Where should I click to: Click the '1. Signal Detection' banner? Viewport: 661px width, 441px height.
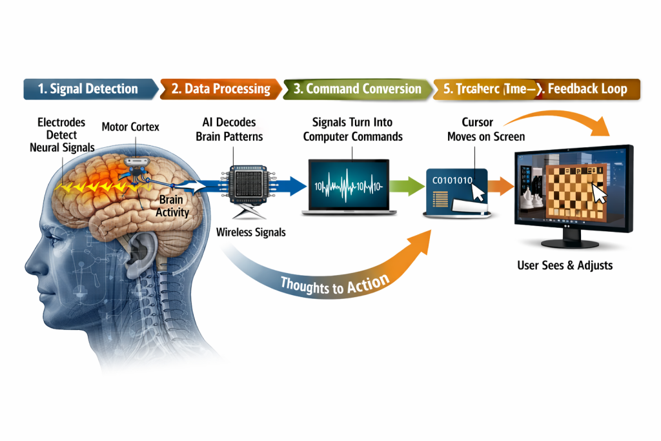[88, 88]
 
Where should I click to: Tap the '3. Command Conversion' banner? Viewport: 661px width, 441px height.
[356, 88]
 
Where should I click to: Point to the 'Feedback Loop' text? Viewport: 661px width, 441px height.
[587, 88]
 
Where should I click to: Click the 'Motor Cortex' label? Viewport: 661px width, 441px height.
[129, 127]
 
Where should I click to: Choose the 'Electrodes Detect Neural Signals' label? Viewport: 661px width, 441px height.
[62, 135]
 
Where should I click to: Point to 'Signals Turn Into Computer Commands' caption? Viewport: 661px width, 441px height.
[352, 130]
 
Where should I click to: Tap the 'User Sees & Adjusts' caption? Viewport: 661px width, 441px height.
[565, 265]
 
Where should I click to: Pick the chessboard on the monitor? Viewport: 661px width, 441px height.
[576, 190]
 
